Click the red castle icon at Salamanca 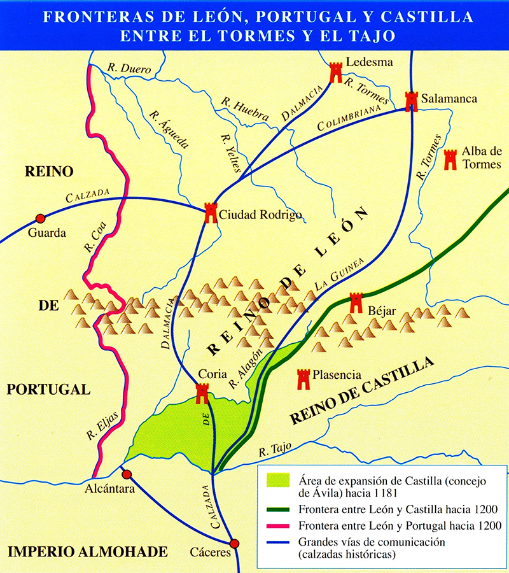coord(412,101)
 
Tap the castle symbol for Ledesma coord(336,73)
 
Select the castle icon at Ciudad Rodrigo coord(211,213)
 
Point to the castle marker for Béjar coord(356,302)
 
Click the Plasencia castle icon coord(303,379)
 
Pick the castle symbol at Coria coord(202,393)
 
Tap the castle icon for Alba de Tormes coord(450,159)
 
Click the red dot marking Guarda coord(40,218)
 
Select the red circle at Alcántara coord(127,474)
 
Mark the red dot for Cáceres coord(234,543)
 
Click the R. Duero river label coord(122,66)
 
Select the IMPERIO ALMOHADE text coord(87,551)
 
